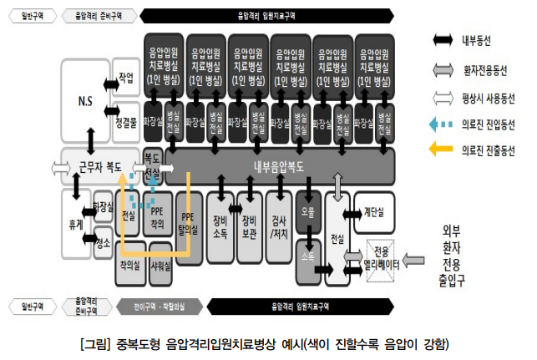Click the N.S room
[85, 102]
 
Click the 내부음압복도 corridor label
[279, 165]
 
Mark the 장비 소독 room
[221, 221]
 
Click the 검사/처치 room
[278, 221]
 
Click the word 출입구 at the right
[460, 277]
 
